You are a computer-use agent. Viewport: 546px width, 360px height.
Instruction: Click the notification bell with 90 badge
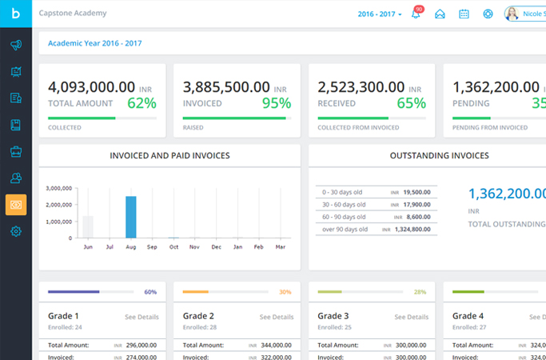pyautogui.click(x=416, y=14)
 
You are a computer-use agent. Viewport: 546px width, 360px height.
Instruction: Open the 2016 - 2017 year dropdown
pyautogui.click(x=380, y=14)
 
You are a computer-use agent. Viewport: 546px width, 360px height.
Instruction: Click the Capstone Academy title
pyautogui.click(x=73, y=14)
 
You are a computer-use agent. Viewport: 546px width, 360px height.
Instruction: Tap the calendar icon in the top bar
pyautogui.click(x=464, y=14)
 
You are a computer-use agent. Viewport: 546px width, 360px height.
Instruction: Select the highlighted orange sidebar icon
pyautogui.click(x=16, y=205)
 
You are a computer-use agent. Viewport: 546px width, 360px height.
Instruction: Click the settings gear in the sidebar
pyautogui.click(x=16, y=232)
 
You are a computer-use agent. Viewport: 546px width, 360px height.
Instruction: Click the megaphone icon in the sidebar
pyautogui.click(x=16, y=46)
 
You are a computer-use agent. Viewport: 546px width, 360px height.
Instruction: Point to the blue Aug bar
pyautogui.click(x=131, y=217)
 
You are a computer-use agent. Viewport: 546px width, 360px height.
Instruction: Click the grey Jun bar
pyautogui.click(x=89, y=226)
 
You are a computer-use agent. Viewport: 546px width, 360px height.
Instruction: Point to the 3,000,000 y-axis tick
pyautogui.click(x=60, y=189)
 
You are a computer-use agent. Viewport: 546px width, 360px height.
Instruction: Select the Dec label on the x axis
pyautogui.click(x=216, y=248)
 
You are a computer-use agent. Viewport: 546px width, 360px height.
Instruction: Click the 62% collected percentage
pyautogui.click(x=141, y=102)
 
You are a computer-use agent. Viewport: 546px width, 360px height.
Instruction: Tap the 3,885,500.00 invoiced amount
pyautogui.click(x=226, y=87)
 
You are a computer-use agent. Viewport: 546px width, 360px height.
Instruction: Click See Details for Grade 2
pyautogui.click(x=277, y=317)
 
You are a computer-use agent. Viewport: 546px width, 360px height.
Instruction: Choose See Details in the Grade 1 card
pyautogui.click(x=141, y=317)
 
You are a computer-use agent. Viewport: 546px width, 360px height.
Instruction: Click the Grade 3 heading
pyautogui.click(x=333, y=316)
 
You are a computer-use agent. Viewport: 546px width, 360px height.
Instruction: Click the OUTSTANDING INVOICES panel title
pyautogui.click(x=439, y=156)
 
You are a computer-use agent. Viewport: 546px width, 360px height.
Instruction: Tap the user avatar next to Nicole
pyautogui.click(x=512, y=14)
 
